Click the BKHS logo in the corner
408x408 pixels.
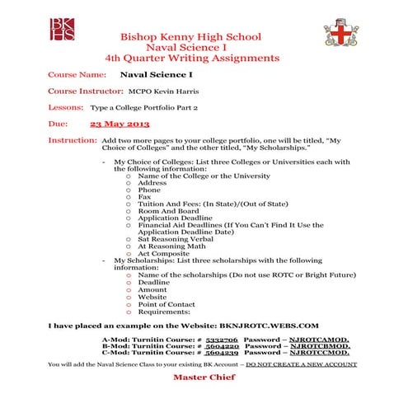pyautogui.click(x=63, y=28)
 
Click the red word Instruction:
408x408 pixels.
pyautogui.click(x=73, y=141)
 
